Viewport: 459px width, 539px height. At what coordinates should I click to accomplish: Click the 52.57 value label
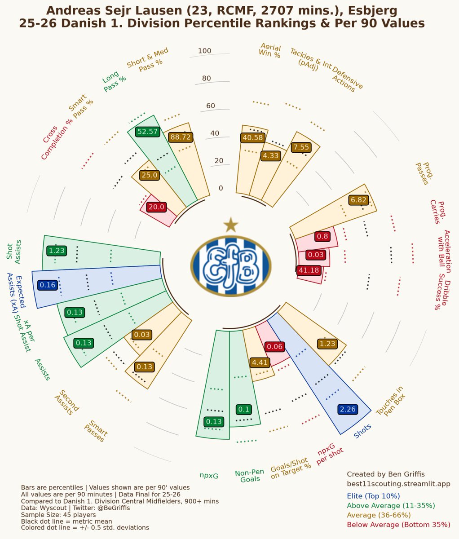point(147,132)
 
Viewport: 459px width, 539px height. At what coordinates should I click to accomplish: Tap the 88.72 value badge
point(181,137)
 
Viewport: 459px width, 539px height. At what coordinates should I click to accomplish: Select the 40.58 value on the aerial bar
point(253,137)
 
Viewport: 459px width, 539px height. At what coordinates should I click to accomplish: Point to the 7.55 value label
point(301,147)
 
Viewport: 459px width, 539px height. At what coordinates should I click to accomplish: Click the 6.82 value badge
point(358,200)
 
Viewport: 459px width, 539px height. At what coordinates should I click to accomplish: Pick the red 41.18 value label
point(309,270)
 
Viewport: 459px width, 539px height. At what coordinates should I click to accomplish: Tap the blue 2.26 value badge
point(348,409)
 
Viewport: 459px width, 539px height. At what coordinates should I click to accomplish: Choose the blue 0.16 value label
point(48,285)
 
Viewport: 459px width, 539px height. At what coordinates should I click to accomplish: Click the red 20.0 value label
point(156,207)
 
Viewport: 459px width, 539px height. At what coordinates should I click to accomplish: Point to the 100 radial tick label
point(204,51)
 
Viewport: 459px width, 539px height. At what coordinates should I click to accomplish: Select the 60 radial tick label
point(211,106)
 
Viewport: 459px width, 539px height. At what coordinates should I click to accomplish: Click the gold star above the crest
point(231,225)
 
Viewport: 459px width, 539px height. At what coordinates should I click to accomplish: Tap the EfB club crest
point(231,266)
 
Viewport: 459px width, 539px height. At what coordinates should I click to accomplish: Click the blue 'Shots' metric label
point(362,431)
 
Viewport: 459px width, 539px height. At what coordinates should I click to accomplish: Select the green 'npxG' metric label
point(209,476)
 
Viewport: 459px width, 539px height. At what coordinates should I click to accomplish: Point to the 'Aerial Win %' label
point(270,51)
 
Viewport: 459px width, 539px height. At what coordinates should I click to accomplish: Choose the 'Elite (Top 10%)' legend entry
point(373,496)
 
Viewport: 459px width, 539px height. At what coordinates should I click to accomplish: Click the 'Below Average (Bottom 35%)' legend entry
point(398,525)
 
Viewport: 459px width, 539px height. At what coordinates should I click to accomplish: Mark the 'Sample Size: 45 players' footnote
point(58,515)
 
